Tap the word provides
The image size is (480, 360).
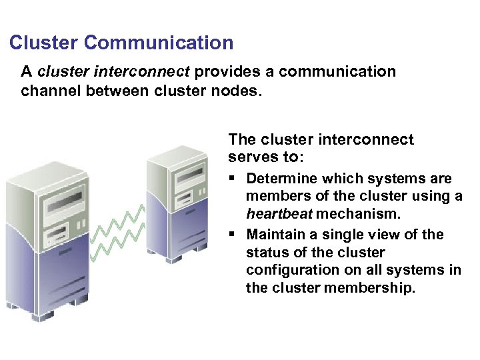[x=226, y=71]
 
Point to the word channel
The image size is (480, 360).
[x=50, y=90]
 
